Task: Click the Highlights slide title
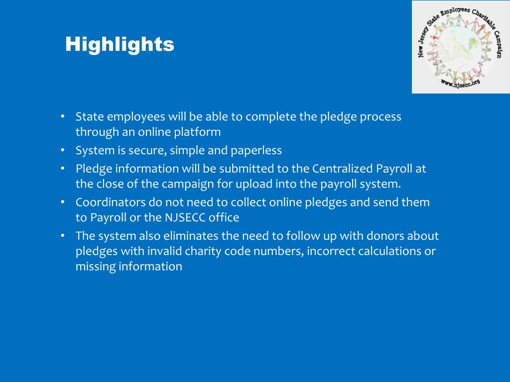pyautogui.click(x=120, y=44)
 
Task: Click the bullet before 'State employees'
pyautogui.click(x=63, y=116)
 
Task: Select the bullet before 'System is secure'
pyautogui.click(x=63, y=150)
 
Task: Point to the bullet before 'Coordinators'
pyautogui.click(x=63, y=202)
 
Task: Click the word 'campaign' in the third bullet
pyautogui.click(x=187, y=184)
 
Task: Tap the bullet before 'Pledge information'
pyautogui.click(x=63, y=168)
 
